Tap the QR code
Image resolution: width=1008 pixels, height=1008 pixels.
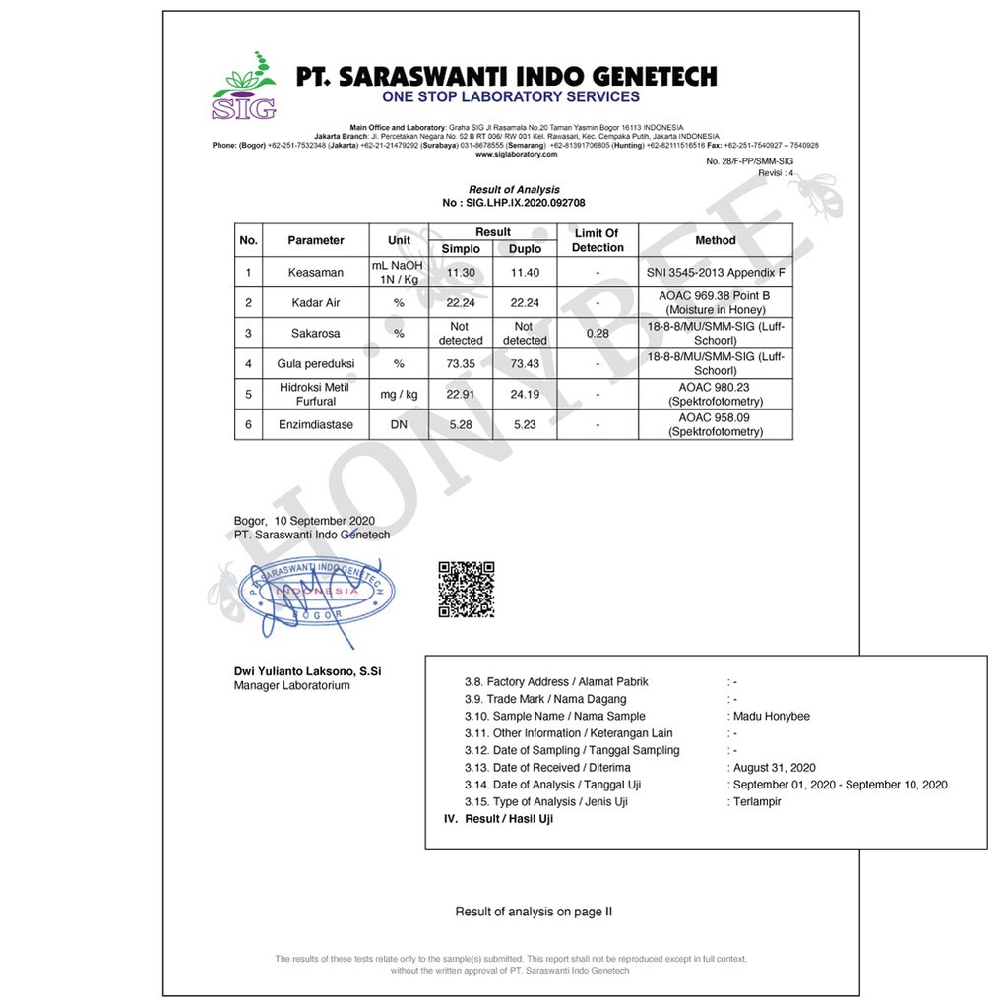pos(466,589)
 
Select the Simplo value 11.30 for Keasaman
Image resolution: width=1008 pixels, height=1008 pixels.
pos(461,272)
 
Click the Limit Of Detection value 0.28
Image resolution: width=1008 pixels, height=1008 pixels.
pos(598,334)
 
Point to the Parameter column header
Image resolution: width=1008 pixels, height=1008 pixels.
pos(316,240)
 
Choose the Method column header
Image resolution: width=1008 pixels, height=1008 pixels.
pos(715,240)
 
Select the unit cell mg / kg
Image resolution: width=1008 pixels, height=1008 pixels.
pos(399,395)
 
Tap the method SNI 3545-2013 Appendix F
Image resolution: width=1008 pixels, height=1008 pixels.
pos(716,272)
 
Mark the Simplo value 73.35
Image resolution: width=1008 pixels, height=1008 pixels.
pos(461,364)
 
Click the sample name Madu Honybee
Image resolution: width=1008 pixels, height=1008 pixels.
pos(772,716)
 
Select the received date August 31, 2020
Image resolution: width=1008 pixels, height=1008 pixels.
pos(775,768)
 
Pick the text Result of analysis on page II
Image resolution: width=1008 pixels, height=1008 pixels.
pos(534,912)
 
